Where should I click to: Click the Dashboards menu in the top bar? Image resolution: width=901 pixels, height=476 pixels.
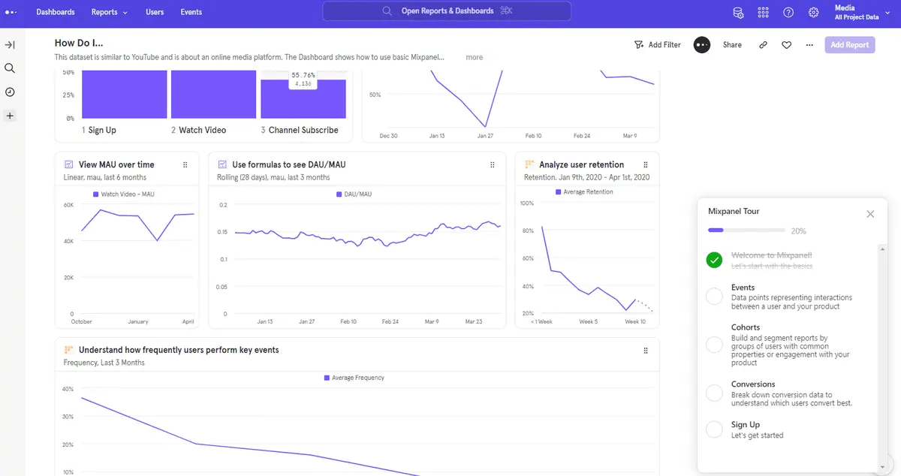[x=56, y=12]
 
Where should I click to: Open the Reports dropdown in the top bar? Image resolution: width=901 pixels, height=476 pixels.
[x=109, y=12]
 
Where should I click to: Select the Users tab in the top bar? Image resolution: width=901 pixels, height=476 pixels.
[x=155, y=12]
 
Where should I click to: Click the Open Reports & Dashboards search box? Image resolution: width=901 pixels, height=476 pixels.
[x=447, y=11]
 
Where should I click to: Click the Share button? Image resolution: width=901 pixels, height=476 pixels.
[x=732, y=45]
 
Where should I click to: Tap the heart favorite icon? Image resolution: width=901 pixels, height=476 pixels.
[x=786, y=45]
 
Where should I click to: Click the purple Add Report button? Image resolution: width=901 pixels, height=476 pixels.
[x=849, y=45]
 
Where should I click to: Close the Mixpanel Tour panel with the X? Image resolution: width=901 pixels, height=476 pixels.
[x=870, y=214]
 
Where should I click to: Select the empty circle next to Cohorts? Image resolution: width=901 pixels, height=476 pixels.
[x=714, y=345]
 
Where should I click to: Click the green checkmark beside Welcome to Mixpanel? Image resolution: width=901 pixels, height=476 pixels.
[x=714, y=260]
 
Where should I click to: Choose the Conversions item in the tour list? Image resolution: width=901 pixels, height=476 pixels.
[x=753, y=384]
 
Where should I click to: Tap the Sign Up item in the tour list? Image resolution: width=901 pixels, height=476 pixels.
[x=746, y=425]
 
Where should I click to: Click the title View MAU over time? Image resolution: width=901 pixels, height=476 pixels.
[x=116, y=164]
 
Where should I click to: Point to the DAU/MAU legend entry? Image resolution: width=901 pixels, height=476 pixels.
[x=355, y=194]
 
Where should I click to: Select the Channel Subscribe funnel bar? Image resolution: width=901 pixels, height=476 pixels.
[x=303, y=98]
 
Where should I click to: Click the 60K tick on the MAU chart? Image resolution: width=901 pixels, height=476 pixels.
[x=68, y=205]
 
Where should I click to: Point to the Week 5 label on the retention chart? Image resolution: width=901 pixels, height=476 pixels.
[x=589, y=321]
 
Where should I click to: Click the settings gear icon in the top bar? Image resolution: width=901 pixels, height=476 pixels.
[x=813, y=12]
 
